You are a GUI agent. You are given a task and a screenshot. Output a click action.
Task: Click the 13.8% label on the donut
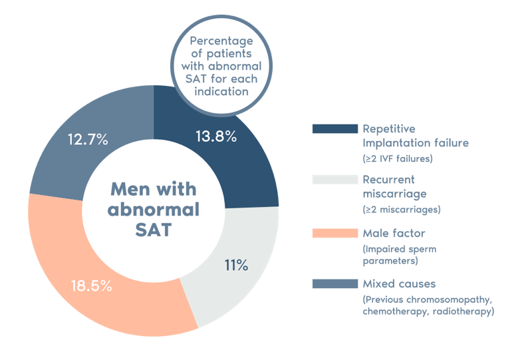tap(216, 137)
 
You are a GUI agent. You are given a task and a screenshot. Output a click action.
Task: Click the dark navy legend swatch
tap(334, 129)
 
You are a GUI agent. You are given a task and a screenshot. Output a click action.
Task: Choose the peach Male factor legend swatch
tap(334, 232)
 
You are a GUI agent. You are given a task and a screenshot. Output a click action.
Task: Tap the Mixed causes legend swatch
tap(334, 284)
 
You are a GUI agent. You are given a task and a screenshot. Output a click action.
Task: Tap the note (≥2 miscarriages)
tap(402, 210)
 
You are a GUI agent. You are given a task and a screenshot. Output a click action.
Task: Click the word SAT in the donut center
tap(154, 230)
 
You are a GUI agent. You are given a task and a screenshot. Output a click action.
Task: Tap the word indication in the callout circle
tap(221, 92)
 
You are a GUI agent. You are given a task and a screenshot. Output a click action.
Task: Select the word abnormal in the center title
tap(154, 210)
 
